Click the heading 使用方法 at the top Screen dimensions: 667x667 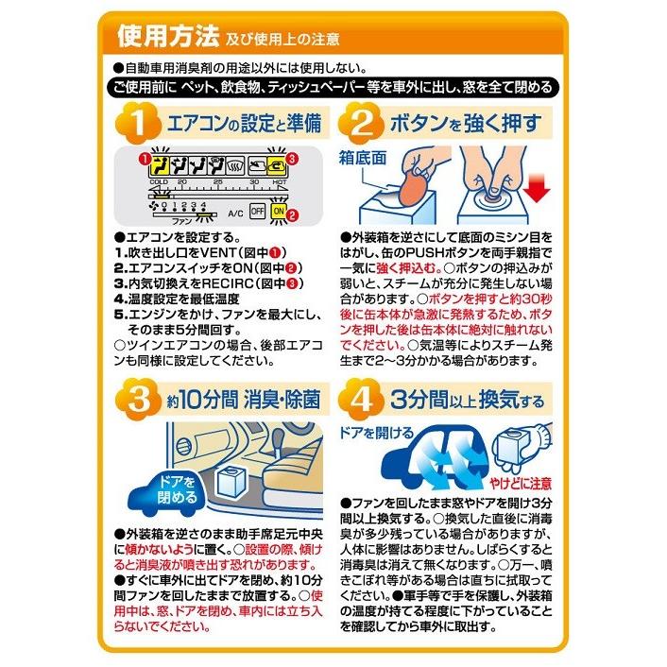167,36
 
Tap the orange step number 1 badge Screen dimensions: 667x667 138,124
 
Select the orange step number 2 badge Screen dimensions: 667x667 361,124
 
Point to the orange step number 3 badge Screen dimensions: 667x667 138,400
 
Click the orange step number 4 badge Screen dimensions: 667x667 361,400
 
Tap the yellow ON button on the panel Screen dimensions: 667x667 278,211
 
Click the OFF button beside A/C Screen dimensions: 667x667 257,211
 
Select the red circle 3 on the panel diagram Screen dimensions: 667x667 292,159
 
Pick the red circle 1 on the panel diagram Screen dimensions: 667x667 145,159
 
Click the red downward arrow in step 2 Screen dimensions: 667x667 537,187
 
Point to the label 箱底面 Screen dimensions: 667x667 363,158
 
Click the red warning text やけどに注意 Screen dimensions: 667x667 520,483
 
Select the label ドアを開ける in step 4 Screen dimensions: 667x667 376,433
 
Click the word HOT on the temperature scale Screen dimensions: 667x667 280,182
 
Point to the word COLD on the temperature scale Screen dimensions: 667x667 159,182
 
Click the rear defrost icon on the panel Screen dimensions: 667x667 235,166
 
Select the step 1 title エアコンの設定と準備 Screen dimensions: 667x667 244,124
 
